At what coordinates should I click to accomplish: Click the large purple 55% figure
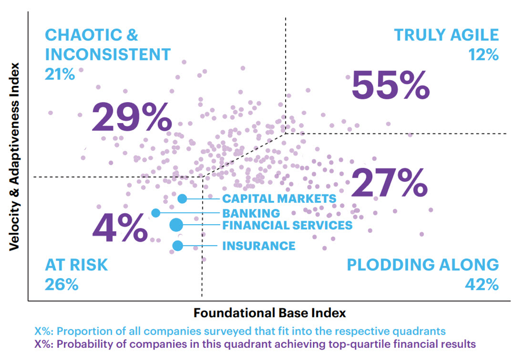pyautogui.click(x=390, y=87)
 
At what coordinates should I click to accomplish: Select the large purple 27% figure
pyautogui.click(x=389, y=184)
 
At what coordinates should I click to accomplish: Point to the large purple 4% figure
pyautogui.click(x=120, y=228)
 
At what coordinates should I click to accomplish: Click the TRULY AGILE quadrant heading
pyautogui.click(x=446, y=35)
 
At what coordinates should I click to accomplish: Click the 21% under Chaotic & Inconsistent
pyautogui.click(x=60, y=74)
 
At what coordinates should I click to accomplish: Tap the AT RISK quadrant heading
pyautogui.click(x=76, y=265)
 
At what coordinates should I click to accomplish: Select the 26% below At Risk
pyautogui.click(x=61, y=285)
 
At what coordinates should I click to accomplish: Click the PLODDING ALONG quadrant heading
pyautogui.click(x=423, y=265)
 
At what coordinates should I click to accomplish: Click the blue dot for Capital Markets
pyautogui.click(x=182, y=199)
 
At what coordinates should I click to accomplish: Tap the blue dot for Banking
pyautogui.click(x=156, y=213)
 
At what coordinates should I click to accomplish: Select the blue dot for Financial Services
pyautogui.click(x=176, y=225)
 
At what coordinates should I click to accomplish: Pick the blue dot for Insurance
pyautogui.click(x=178, y=246)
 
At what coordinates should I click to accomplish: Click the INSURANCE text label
pyautogui.click(x=258, y=246)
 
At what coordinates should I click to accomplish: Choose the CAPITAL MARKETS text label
pyautogui.click(x=279, y=199)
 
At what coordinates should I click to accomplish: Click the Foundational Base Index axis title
pyautogui.click(x=269, y=312)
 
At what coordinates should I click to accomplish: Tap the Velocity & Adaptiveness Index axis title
pyautogui.click(x=15, y=157)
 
